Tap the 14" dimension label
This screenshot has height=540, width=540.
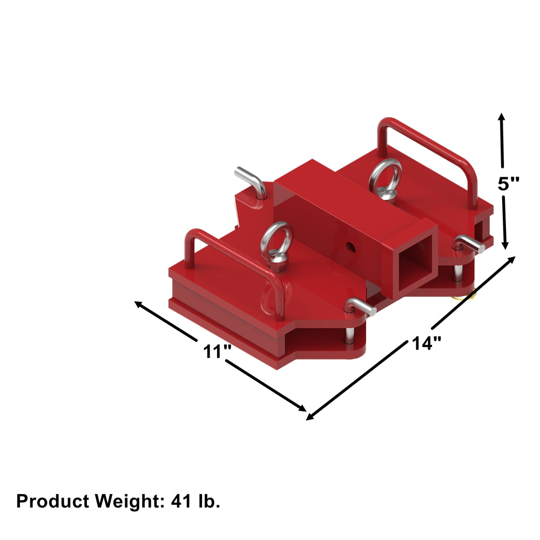[x=426, y=343]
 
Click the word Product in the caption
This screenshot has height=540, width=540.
[x=53, y=501]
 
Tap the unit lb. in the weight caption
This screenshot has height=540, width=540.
[x=208, y=501]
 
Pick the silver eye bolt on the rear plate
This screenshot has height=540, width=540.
[x=385, y=179]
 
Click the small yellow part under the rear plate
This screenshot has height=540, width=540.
[x=465, y=294]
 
